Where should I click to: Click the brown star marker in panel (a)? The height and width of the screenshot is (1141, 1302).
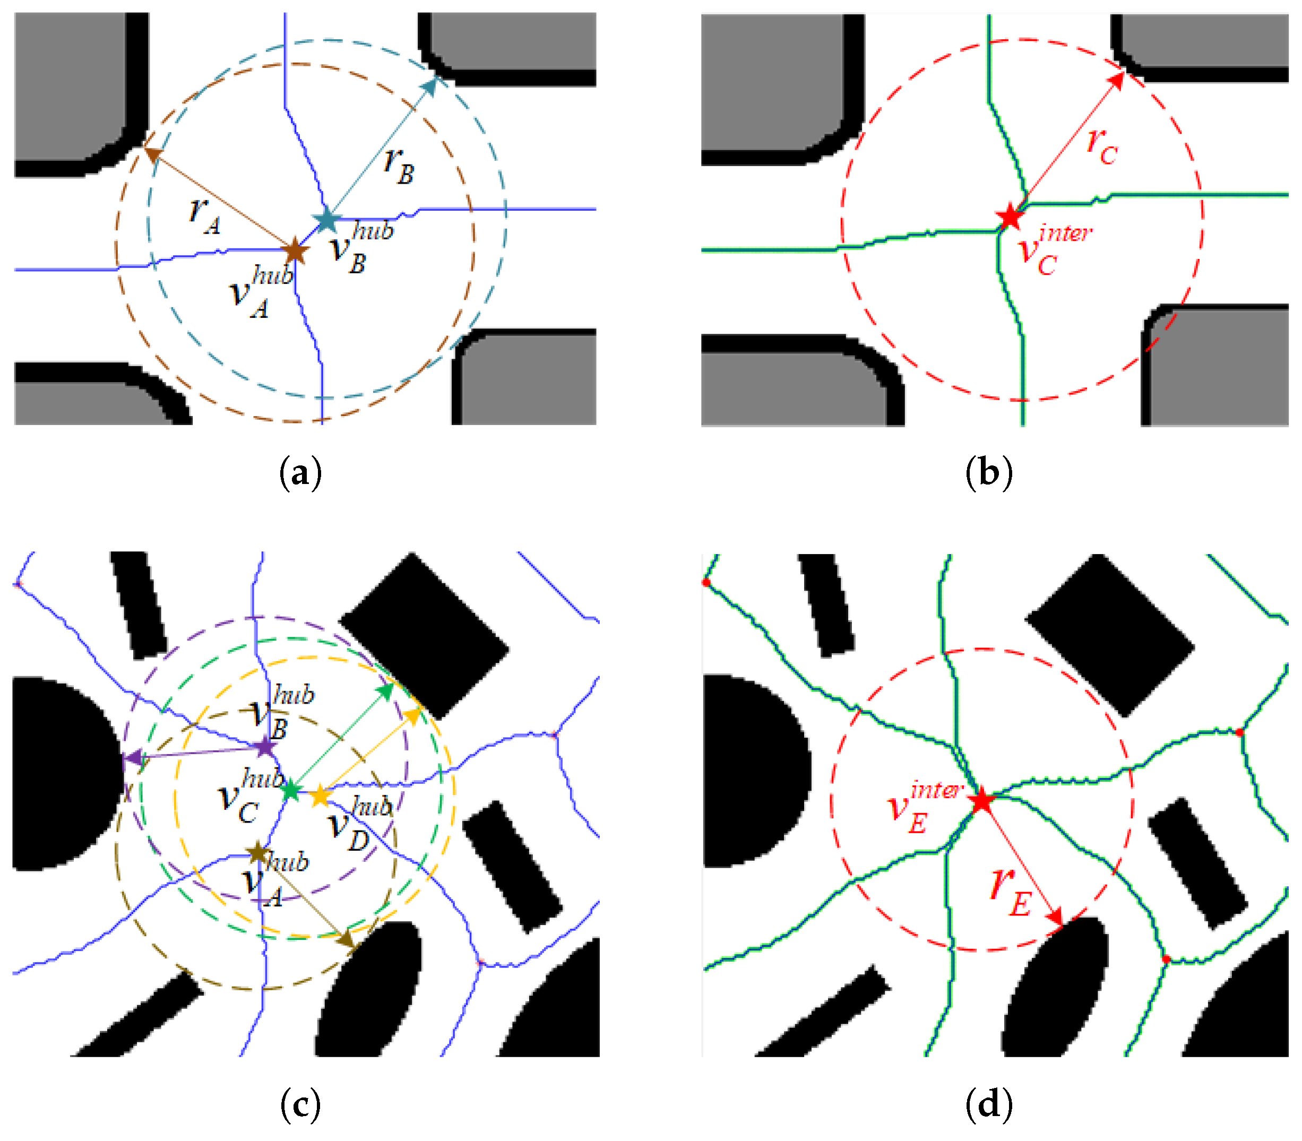(x=294, y=252)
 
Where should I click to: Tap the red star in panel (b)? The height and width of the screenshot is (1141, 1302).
(x=1009, y=217)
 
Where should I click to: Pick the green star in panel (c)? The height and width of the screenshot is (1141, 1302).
(x=291, y=791)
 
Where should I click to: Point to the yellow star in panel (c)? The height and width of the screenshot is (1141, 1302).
(x=320, y=797)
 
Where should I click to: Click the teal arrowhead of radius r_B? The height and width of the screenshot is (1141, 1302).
(x=430, y=86)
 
